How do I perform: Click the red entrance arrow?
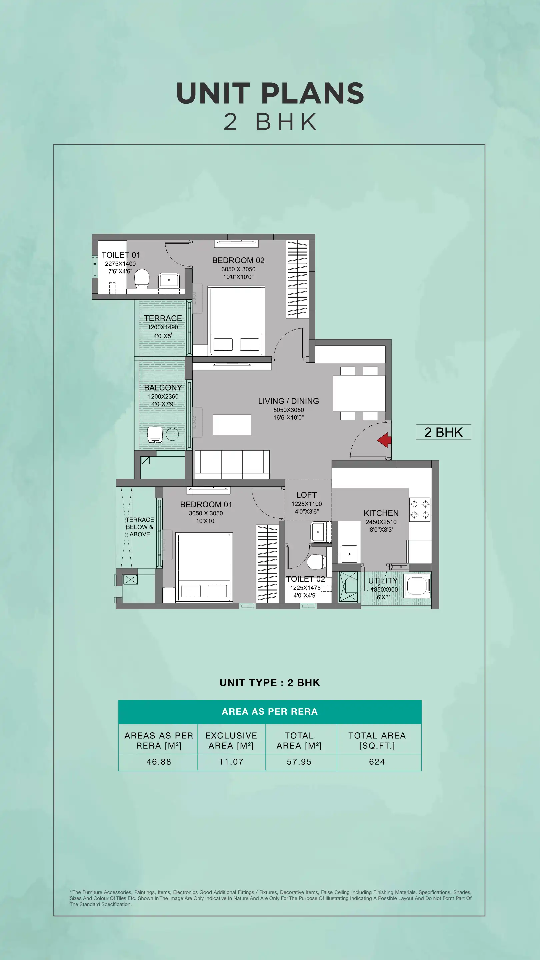(384, 440)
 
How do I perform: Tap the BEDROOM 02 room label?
(238, 260)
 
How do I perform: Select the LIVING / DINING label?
(288, 401)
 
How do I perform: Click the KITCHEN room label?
(381, 513)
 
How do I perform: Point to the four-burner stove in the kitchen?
(420, 509)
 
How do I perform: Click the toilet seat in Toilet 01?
(142, 279)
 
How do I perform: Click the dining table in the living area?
(359, 393)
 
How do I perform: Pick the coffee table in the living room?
(232, 424)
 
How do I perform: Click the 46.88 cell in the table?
(159, 762)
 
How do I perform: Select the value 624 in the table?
(377, 762)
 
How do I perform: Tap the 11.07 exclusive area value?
(231, 762)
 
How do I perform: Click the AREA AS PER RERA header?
(269, 711)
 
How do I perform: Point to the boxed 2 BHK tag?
(443, 432)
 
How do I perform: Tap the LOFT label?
(306, 495)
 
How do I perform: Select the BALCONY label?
(163, 388)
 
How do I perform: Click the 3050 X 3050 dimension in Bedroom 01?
(206, 513)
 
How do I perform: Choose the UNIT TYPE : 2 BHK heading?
(269, 682)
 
